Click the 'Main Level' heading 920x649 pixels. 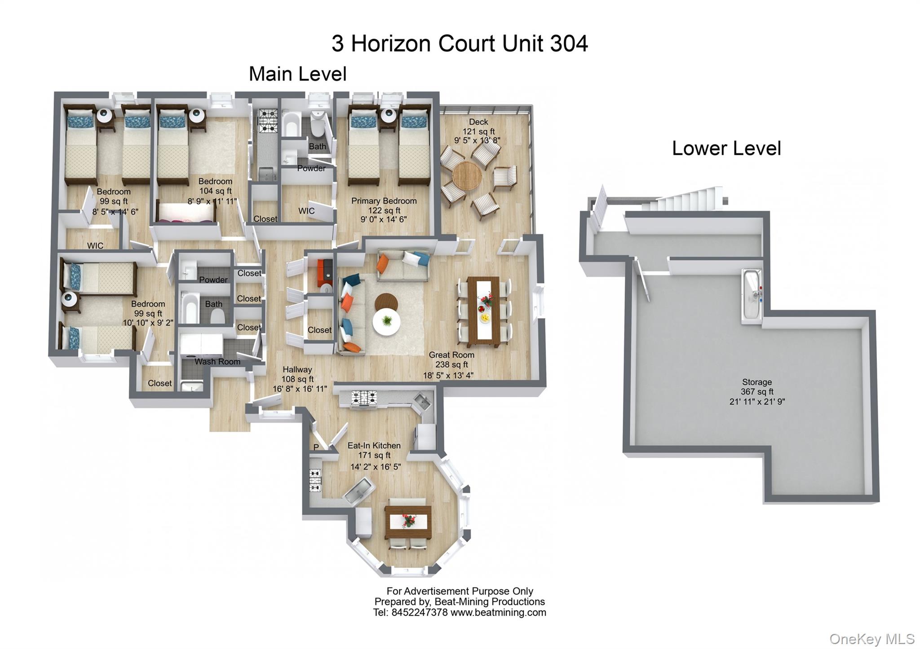pos(297,74)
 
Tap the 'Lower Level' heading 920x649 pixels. pos(726,149)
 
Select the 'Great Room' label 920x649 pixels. pos(451,355)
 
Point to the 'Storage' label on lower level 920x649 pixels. pos(756,382)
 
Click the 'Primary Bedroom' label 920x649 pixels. pos(384,201)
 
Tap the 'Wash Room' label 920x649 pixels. pos(217,361)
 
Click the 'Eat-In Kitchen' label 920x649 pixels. pos(374,445)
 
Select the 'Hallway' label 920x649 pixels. pos(297,369)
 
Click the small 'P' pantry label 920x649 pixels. pos(316,447)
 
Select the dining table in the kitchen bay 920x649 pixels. pos(408,522)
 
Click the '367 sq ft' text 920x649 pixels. pos(756,392)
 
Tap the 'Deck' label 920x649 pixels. pos(478,122)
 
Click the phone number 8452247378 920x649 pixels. pos(419,612)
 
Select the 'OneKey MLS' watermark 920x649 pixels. pos(871,639)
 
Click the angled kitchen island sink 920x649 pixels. pos(359,489)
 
